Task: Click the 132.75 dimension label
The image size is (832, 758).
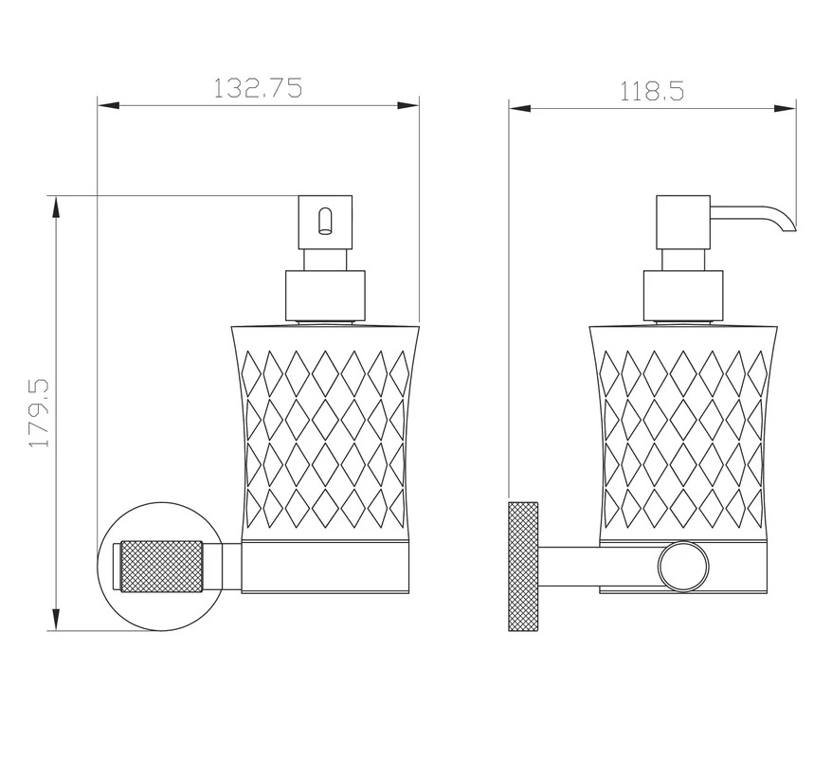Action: click(x=258, y=88)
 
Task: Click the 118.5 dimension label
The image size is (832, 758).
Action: click(x=652, y=91)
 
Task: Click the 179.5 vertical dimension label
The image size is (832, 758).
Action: click(x=39, y=413)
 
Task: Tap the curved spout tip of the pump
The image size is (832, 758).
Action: click(x=788, y=226)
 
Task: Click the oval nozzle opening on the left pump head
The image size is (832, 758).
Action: click(x=324, y=221)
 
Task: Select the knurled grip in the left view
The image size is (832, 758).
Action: click(x=162, y=566)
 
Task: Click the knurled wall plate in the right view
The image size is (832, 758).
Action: click(x=523, y=567)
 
